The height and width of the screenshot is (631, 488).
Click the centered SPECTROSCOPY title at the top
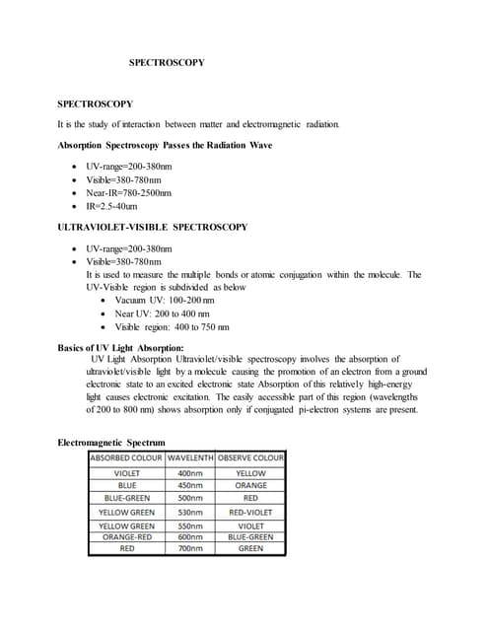click(x=167, y=62)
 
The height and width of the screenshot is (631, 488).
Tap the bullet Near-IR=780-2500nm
click(x=128, y=193)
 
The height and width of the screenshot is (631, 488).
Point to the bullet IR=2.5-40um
click(x=111, y=207)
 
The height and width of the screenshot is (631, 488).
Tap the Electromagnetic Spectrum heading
click(x=111, y=442)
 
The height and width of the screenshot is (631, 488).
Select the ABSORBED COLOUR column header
click(x=127, y=458)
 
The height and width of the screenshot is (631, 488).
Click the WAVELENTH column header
click(x=204, y=458)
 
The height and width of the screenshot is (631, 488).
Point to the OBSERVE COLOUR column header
click(x=250, y=458)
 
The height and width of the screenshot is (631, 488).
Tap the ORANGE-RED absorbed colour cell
click(x=127, y=537)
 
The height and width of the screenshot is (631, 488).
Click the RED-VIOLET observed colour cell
click(x=250, y=513)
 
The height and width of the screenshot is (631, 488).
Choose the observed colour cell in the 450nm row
click(x=250, y=485)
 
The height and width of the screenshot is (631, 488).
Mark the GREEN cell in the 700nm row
click(x=250, y=548)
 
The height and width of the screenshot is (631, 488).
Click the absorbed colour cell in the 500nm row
click(x=127, y=498)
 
